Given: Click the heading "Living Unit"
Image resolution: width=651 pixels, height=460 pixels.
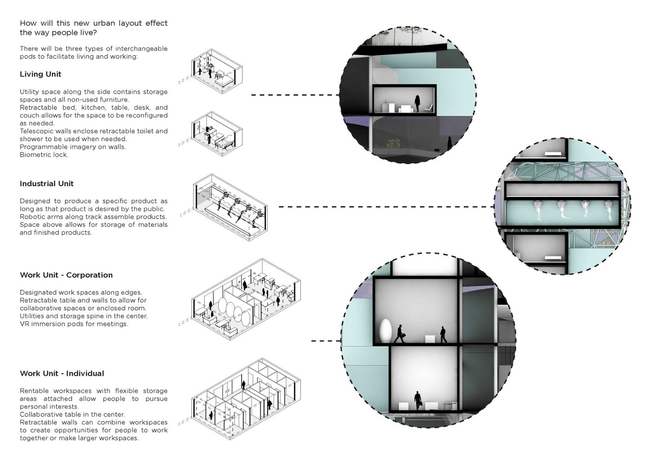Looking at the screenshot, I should (x=40, y=74).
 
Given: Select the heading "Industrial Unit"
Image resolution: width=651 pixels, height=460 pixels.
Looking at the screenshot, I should (x=46, y=184).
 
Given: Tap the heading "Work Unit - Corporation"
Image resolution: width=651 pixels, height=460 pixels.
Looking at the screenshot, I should (x=66, y=275).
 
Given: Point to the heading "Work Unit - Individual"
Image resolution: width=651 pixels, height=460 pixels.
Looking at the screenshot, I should (x=62, y=374).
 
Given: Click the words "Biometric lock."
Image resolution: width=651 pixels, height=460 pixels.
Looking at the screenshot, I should (x=44, y=155).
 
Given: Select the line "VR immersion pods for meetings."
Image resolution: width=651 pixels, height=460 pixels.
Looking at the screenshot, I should (x=74, y=324).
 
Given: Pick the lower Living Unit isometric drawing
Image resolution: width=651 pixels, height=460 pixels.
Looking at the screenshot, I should (x=217, y=134).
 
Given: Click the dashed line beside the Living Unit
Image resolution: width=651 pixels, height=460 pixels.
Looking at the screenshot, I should (x=294, y=95).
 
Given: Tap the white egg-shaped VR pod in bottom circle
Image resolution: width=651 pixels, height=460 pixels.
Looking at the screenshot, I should (x=385, y=329).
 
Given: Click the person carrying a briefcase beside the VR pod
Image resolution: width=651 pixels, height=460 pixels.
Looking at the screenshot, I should (x=400, y=334).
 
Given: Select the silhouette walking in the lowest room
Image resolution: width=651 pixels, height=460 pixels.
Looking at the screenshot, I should (x=417, y=401).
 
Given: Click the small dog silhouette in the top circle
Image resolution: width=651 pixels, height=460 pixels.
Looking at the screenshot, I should (x=435, y=149).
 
